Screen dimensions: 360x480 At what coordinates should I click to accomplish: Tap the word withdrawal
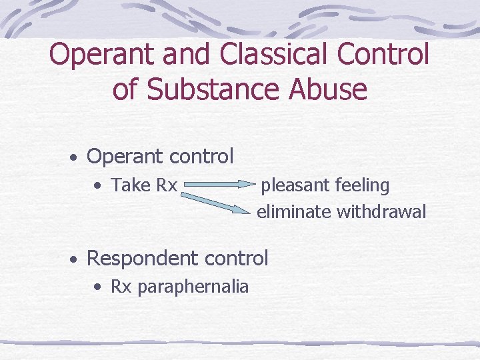381,212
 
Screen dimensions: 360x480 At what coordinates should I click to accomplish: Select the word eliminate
294,212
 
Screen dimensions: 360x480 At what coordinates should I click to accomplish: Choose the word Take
131,185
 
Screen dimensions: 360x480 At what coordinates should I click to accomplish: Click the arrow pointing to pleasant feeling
219,180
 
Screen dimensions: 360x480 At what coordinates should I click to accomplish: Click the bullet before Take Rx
98,185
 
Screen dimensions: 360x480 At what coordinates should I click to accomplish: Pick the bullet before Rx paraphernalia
98,287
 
